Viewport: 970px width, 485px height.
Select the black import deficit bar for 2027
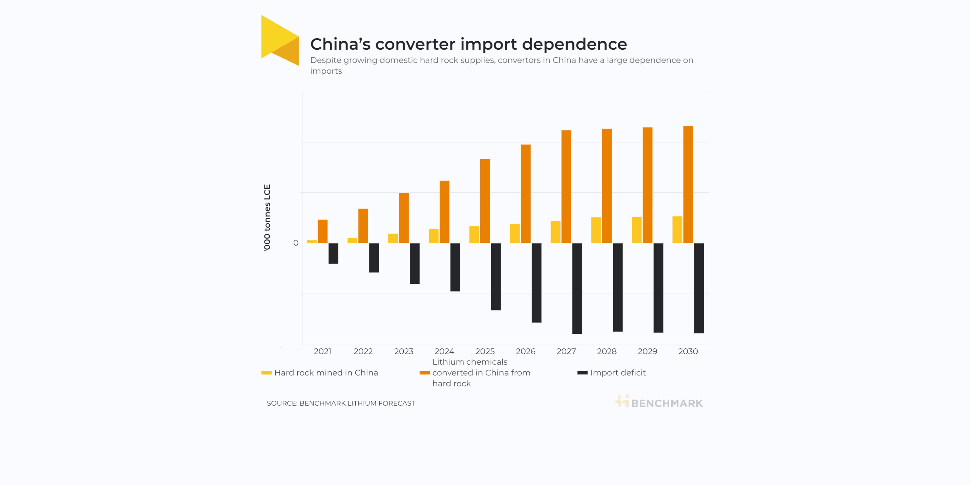pos(577,288)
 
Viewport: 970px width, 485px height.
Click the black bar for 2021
pos(333,253)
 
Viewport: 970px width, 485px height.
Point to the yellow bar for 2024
pos(433,236)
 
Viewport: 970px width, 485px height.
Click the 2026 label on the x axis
pos(525,351)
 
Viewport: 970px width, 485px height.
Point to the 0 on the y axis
pos(296,243)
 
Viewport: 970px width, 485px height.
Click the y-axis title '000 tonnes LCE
pos(267,217)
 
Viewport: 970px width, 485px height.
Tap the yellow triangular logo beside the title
pos(279,39)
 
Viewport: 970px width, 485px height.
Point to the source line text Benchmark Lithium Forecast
pos(357,403)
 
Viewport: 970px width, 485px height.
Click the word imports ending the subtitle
pos(326,71)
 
